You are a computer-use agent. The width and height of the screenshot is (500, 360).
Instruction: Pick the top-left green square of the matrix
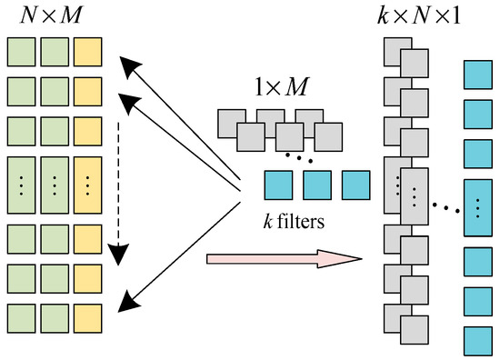(x=20, y=51)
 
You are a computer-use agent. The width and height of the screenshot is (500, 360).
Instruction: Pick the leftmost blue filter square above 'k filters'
(x=278, y=185)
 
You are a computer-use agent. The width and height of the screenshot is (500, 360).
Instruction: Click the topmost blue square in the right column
(x=478, y=75)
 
